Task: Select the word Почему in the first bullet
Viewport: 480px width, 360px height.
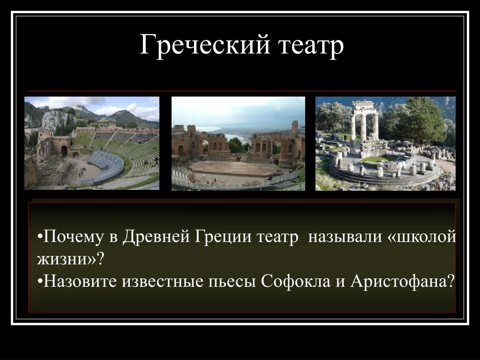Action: (74, 238)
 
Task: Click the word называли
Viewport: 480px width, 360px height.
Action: (345, 237)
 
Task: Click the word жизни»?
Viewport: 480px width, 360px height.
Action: (71, 259)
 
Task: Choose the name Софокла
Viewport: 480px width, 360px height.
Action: (296, 281)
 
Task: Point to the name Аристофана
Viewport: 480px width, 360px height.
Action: (402, 281)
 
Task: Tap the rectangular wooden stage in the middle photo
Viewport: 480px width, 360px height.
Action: (234, 168)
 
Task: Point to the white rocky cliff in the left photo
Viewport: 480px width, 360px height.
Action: (56, 120)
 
